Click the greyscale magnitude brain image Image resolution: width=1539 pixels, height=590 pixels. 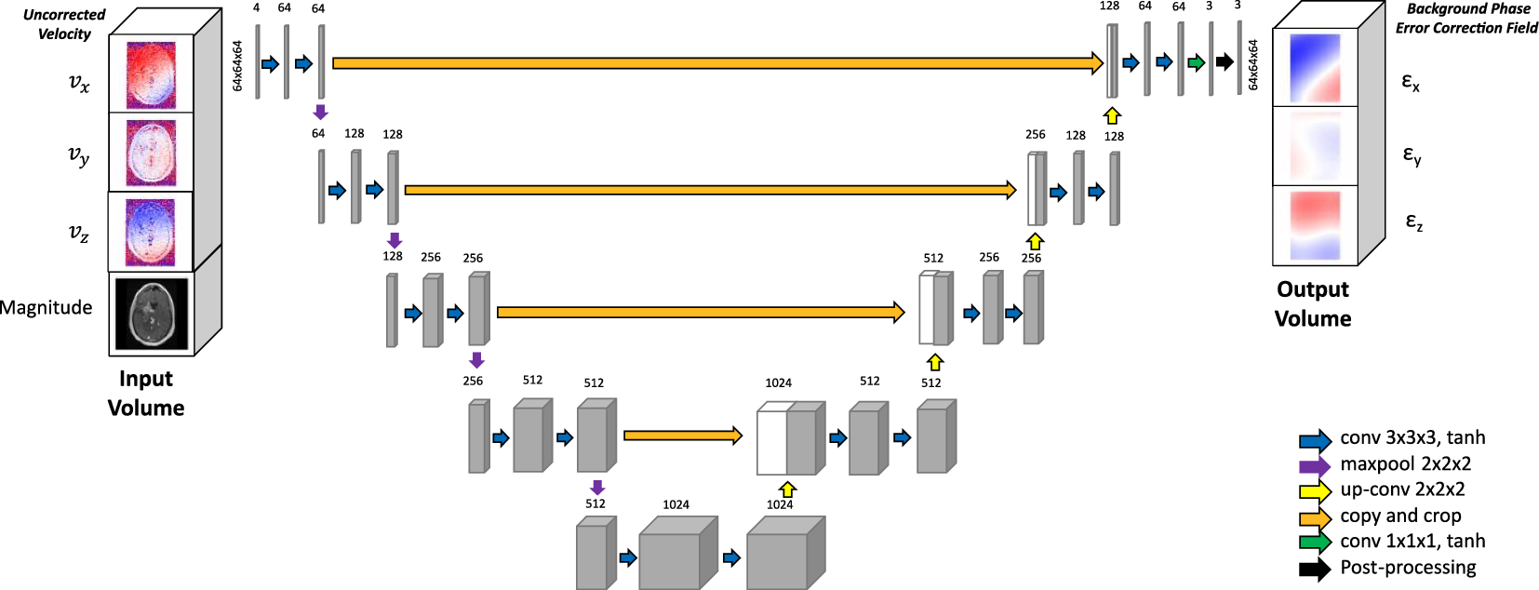click(151, 314)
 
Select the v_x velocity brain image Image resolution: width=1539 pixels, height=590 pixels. click(151, 74)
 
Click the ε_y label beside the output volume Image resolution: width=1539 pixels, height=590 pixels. click(1412, 155)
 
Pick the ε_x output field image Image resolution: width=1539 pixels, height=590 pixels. click(1315, 68)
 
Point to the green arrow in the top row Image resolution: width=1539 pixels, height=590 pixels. click(1196, 62)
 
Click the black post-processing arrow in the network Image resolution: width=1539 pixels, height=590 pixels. click(1225, 62)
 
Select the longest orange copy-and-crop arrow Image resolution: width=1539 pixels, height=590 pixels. click(716, 63)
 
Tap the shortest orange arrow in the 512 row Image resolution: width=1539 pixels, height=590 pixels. click(682, 435)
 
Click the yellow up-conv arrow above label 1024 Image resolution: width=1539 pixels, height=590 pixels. click(787, 489)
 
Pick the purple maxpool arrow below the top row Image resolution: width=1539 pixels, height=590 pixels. click(320, 113)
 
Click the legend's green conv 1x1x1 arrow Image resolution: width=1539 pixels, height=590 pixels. click(1315, 542)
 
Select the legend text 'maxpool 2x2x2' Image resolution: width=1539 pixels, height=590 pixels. click(1405, 463)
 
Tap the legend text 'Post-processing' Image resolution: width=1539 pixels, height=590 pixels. click(1408, 568)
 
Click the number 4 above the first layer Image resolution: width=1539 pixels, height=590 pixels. click(256, 8)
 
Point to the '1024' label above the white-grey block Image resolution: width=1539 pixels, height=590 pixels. click(778, 382)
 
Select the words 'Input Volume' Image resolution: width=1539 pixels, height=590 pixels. click(146, 393)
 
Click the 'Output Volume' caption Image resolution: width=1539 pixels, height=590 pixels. click(1313, 303)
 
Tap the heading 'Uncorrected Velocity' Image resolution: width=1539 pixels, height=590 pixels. click(64, 24)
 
